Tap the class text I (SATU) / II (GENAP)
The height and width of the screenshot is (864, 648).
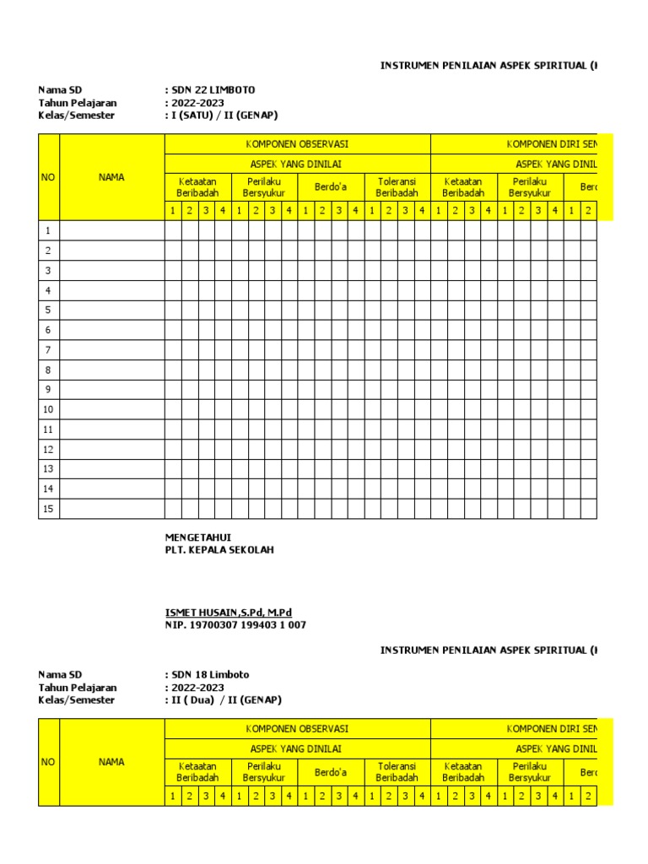pyautogui.click(x=224, y=116)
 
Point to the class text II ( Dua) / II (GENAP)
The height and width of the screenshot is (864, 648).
pyautogui.click(x=225, y=700)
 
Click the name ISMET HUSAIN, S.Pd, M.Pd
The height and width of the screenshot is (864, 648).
pyautogui.click(x=228, y=613)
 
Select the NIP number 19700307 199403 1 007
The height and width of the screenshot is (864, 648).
pyautogui.click(x=235, y=625)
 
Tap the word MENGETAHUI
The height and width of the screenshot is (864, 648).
pyautogui.click(x=198, y=537)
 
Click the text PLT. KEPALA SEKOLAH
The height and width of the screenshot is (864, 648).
pyautogui.click(x=219, y=550)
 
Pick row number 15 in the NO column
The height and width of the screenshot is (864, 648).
pyautogui.click(x=49, y=509)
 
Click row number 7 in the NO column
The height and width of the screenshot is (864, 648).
pyautogui.click(x=49, y=350)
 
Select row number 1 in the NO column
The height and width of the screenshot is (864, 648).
pyautogui.click(x=49, y=231)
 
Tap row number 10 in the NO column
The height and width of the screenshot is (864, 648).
pyautogui.click(x=49, y=410)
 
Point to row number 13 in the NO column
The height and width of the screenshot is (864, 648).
pyautogui.click(x=49, y=469)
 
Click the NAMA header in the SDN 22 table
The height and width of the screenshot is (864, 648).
pyautogui.click(x=111, y=177)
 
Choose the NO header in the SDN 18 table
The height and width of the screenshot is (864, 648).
pyautogui.click(x=49, y=762)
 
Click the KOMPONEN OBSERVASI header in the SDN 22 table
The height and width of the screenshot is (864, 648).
pyautogui.click(x=297, y=144)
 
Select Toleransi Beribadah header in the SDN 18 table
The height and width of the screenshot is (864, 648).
pyautogui.click(x=397, y=772)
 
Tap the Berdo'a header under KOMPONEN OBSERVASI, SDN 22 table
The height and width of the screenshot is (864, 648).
pyautogui.click(x=330, y=187)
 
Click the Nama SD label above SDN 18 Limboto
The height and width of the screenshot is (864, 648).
pyautogui.click(x=60, y=675)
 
